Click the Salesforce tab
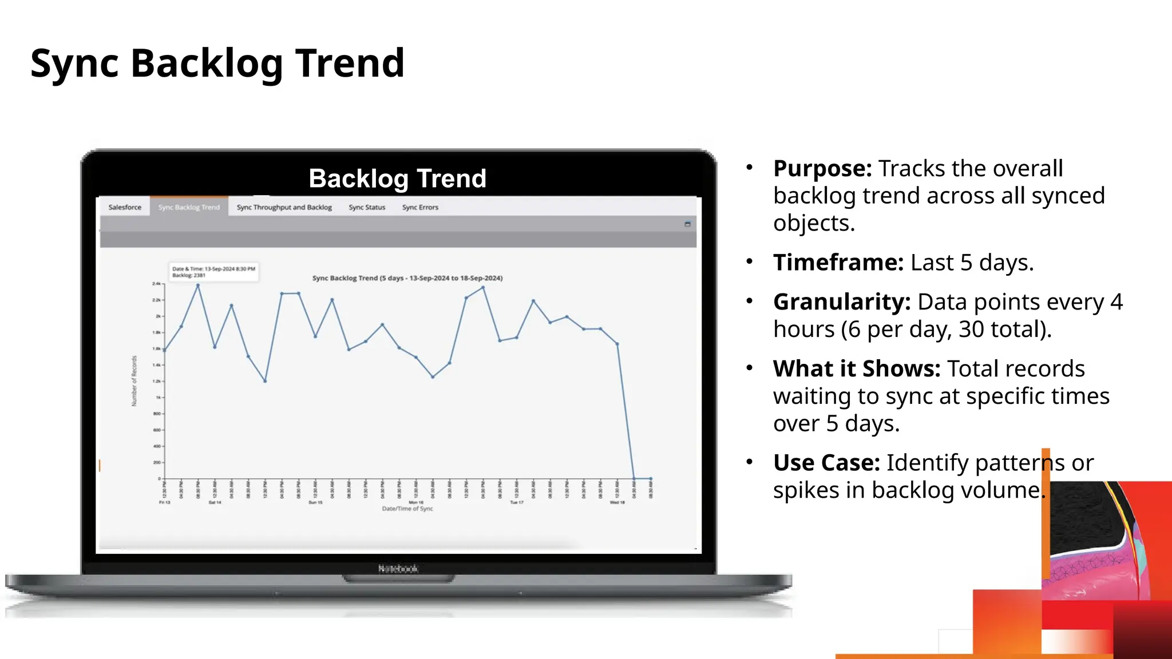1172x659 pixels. [x=125, y=207]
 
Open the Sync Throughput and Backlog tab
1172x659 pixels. [x=284, y=207]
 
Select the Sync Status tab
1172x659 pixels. [x=367, y=207]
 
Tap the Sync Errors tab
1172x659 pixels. [x=420, y=207]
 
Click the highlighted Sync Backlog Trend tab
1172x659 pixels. [x=189, y=207]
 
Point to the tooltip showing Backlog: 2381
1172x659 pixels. [x=213, y=272]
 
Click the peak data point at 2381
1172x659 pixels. [x=198, y=285]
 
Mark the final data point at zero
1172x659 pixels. [x=651, y=478]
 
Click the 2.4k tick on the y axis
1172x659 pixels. [x=156, y=283]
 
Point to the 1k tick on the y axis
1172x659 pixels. [x=159, y=397]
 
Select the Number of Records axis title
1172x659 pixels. [x=134, y=381]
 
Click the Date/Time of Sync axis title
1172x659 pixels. [x=407, y=509]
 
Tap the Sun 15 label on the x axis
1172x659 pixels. [x=315, y=502]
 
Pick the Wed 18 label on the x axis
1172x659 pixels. [x=617, y=502]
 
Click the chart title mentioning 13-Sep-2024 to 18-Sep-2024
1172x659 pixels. [x=407, y=278]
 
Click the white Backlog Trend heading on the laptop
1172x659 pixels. [x=397, y=178]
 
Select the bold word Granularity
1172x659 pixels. [x=841, y=302]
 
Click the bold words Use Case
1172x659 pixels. [x=826, y=463]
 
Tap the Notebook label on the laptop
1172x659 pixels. [x=398, y=569]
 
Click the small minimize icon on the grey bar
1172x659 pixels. [x=687, y=224]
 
